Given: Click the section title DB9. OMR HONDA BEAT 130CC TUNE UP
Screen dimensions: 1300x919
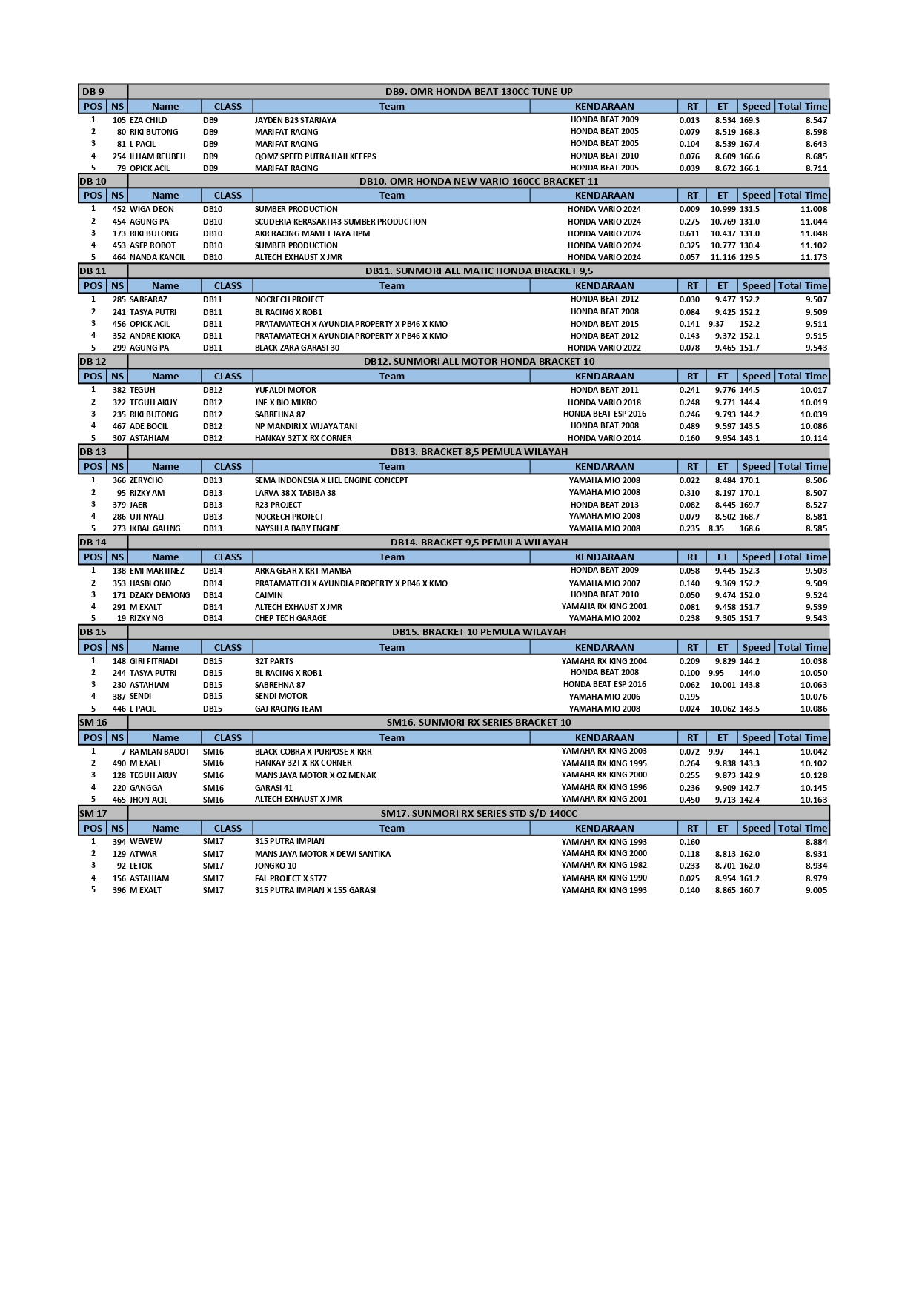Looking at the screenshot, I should pyautogui.click(x=478, y=91).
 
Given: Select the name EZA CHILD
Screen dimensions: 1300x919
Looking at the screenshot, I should pyautogui.click(x=148, y=120).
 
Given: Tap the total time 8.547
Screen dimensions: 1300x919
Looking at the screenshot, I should pyautogui.click(x=816, y=120).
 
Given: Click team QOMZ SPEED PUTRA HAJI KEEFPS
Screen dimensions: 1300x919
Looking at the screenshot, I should pyautogui.click(x=315, y=156).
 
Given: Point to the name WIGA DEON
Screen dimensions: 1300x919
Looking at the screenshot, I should pyautogui.click(x=151, y=209).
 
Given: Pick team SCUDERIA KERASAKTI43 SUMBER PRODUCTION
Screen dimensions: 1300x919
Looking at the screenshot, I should pyautogui.click(x=340, y=222).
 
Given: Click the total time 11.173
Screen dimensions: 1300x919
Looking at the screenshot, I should pyautogui.click(x=813, y=257).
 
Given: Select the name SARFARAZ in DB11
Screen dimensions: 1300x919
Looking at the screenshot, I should pyautogui.click(x=148, y=299).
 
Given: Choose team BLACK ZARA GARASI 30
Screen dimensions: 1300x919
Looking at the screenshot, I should pyautogui.click(x=296, y=348).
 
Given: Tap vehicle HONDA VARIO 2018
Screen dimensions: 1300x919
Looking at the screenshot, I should pyautogui.click(x=604, y=402).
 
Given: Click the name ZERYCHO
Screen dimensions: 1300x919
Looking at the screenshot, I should pyautogui.click(x=146, y=480).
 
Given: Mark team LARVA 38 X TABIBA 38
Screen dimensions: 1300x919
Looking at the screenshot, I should pyautogui.click(x=295, y=493).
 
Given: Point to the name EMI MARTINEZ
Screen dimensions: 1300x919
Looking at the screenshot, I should pyautogui.click(x=156, y=571).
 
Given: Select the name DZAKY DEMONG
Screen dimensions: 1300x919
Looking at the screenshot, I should pyautogui.click(x=159, y=595).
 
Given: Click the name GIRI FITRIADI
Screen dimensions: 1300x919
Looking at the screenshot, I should pyautogui.click(x=153, y=661).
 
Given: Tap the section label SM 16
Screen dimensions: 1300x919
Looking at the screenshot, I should pyautogui.click(x=93, y=722).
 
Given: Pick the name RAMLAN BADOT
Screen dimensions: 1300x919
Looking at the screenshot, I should pyautogui.click(x=159, y=752).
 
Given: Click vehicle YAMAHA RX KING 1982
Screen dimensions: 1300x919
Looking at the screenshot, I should pyautogui.click(x=603, y=865).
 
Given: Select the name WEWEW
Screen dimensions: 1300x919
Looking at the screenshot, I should pyautogui.click(x=145, y=841).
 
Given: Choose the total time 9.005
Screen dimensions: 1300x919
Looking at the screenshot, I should pyautogui.click(x=816, y=890).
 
